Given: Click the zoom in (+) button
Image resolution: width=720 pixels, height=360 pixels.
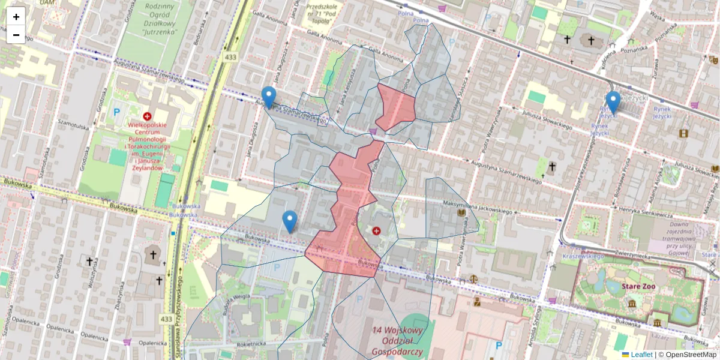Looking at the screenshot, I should (16, 16).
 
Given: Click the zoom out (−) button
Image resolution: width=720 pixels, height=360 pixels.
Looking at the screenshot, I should (16, 34).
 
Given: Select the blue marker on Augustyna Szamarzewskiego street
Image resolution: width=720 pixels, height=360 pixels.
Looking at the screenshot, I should (269, 96).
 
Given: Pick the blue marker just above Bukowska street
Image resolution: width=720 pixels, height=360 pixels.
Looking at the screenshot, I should (290, 221).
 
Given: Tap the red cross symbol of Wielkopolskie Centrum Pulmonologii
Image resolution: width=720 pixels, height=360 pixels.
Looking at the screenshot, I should (147, 115).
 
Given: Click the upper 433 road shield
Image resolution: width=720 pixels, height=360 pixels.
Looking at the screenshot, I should (230, 56).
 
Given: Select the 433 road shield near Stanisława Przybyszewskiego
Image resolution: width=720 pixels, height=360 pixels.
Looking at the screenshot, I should (167, 319).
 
